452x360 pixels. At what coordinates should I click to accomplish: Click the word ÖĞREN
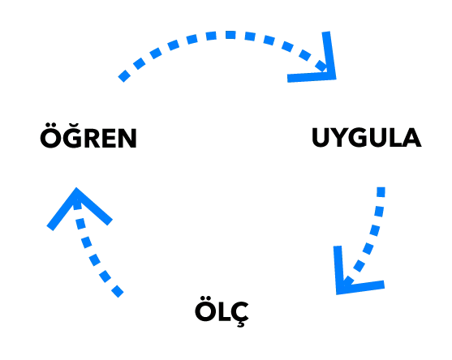coord(88,136)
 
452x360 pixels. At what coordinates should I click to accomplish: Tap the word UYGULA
coord(366,137)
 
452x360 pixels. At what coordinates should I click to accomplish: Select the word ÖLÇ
coord(222,312)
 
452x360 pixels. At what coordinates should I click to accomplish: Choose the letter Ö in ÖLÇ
coord(205,309)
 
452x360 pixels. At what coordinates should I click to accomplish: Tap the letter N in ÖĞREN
coord(127,138)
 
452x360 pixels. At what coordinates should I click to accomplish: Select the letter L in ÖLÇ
coord(222,311)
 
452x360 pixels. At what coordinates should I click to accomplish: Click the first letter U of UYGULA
coord(321,138)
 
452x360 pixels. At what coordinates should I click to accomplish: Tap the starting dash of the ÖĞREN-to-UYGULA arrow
coord(124,76)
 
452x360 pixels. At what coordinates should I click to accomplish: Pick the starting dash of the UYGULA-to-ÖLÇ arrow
coord(381,192)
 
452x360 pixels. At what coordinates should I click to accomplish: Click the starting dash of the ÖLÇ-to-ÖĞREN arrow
coord(117,291)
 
